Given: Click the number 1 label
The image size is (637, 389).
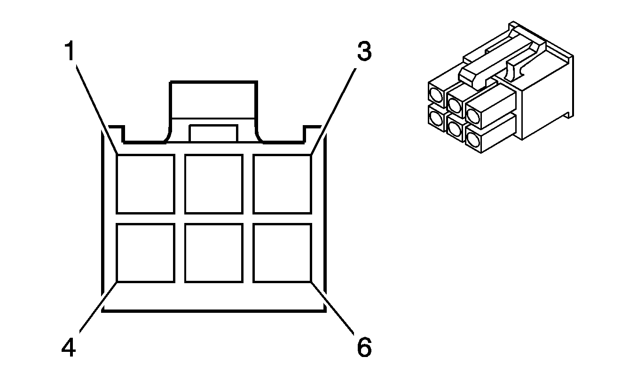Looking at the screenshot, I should pos(70,52).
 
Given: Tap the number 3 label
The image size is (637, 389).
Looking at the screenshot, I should pos(363,52).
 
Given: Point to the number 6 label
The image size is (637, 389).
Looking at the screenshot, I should pos(363,348).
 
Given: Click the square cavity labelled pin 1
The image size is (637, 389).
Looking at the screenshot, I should pos(145,184).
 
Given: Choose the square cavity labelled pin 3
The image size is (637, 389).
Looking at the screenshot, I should pos(282,184).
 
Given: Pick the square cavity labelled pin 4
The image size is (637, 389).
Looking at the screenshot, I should pos(145,253).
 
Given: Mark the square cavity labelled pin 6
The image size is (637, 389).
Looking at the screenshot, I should pos(282,253).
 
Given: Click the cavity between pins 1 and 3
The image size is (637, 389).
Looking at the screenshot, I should pos(214,184).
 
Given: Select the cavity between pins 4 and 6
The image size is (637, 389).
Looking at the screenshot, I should pos(214,253).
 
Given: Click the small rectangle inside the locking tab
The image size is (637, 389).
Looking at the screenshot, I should pos(213,133).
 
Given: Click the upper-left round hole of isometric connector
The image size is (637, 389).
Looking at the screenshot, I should pos(436,97).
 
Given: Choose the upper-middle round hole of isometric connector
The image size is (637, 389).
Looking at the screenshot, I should pos(454,102).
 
